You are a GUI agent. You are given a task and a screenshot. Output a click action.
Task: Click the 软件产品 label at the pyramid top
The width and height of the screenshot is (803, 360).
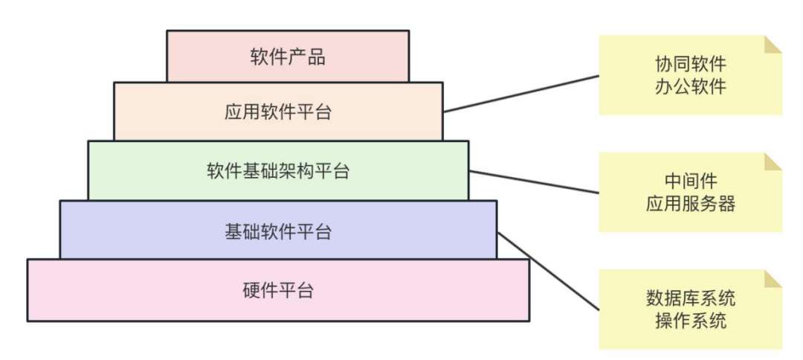point(288,57)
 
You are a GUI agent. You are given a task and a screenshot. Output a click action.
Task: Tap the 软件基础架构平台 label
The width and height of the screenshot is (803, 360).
point(278,171)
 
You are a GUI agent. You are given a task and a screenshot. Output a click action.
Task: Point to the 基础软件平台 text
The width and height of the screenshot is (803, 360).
point(278,231)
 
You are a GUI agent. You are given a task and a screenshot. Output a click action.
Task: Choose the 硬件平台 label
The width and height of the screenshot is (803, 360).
point(278,290)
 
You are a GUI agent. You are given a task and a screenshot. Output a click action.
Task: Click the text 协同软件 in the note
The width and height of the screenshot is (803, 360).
point(690,64)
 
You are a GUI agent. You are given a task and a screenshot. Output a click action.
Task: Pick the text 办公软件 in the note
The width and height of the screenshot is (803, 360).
point(690,86)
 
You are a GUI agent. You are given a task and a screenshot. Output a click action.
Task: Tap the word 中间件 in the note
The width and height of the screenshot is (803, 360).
point(690,181)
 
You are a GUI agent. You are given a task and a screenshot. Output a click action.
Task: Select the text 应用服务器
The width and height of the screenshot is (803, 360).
point(690,204)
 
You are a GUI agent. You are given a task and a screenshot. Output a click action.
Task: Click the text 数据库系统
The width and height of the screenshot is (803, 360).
point(690,299)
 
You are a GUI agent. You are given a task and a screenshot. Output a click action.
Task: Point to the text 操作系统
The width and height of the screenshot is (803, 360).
point(690,321)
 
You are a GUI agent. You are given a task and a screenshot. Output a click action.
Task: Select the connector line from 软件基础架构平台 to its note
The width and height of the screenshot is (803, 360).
point(534,181)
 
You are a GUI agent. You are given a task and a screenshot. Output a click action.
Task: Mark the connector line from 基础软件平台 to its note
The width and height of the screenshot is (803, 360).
point(547,271)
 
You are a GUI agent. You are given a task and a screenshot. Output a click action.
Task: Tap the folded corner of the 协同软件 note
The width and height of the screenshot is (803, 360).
point(774,44)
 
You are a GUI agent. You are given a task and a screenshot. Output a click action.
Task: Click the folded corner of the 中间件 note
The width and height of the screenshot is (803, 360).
point(774,161)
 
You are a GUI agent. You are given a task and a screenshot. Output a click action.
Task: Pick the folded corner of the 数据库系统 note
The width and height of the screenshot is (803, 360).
point(774,279)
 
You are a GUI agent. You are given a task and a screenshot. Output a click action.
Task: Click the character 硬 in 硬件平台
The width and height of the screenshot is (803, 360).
point(251,290)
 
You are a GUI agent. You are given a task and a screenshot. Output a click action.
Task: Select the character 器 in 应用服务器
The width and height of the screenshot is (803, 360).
point(726,204)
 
